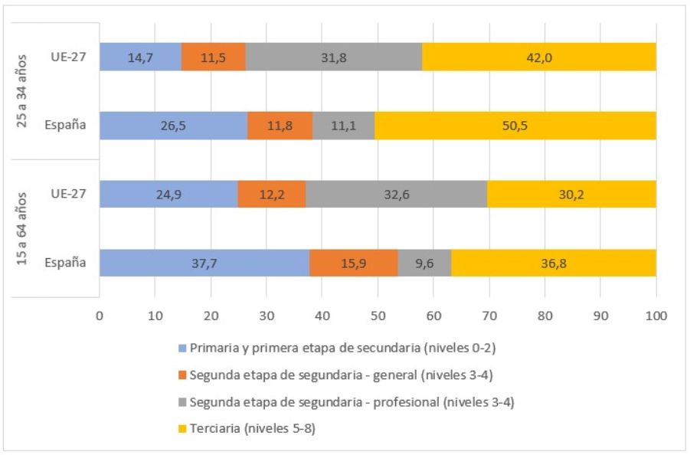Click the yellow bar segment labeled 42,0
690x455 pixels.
coord(538,57)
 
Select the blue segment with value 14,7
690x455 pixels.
coord(140,57)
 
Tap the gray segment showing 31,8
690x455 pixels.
coord(334,57)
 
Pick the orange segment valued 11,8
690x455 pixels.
coord(280,126)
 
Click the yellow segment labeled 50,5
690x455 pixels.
coord(515,126)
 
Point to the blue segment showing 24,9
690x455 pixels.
coord(168,195)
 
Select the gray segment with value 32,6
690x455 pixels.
coord(397,195)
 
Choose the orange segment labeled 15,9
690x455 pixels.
coord(353,264)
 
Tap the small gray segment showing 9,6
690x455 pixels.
coord(424,264)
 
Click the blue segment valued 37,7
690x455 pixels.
coord(204,264)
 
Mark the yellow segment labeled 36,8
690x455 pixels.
coord(553,264)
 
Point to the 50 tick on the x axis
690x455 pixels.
coord(378,315)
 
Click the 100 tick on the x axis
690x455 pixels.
coord(656,315)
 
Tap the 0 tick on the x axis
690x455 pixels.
coord(100,315)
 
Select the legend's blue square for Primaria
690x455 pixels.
coord(181,348)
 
